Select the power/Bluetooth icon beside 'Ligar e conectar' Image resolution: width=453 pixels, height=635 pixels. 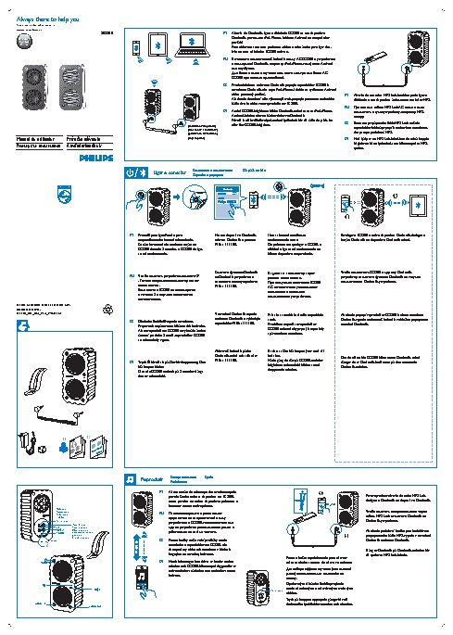click(135, 172)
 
